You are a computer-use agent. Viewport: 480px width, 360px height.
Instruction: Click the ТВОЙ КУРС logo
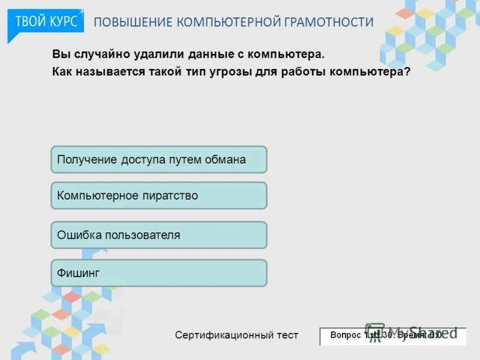pyautogui.click(x=46, y=22)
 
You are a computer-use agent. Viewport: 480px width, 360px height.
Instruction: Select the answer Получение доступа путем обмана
pyautogui.click(x=158, y=160)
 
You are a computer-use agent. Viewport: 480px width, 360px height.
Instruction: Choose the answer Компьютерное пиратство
pyautogui.click(x=158, y=196)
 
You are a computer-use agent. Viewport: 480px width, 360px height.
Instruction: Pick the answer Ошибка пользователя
pyautogui.click(x=158, y=235)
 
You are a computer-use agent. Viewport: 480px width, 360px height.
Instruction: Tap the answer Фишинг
pyautogui.click(x=158, y=273)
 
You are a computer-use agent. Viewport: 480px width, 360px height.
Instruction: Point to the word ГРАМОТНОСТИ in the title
pyautogui.click(x=329, y=22)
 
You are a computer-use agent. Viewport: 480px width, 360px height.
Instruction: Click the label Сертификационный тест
pyautogui.click(x=236, y=335)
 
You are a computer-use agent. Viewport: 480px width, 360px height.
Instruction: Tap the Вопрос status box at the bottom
pyautogui.click(x=392, y=335)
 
